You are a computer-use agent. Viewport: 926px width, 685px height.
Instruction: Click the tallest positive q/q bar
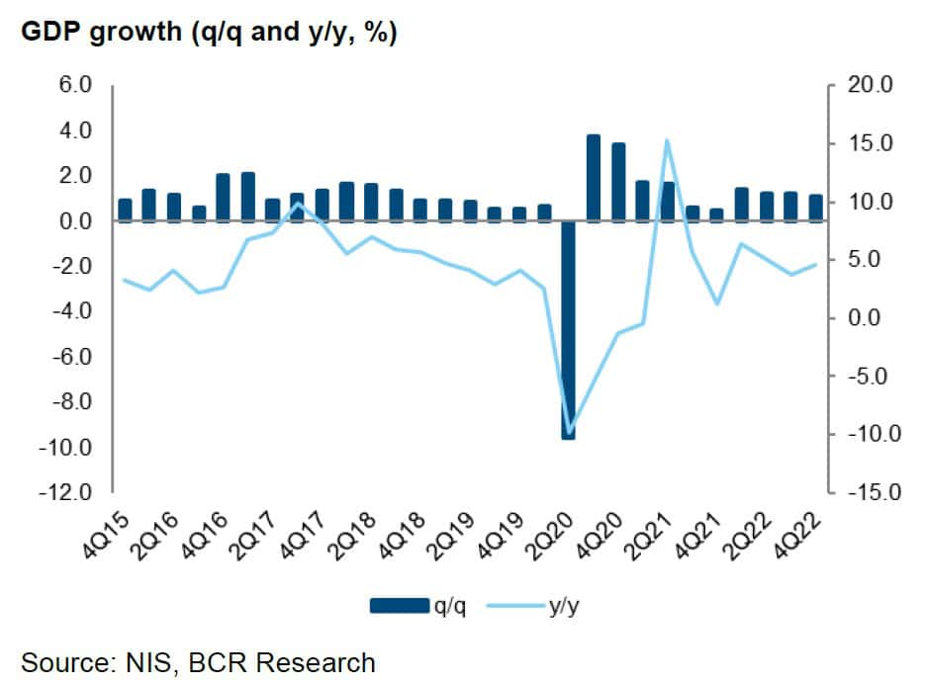pyautogui.click(x=594, y=178)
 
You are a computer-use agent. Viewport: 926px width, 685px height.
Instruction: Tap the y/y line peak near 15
pyautogui.click(x=668, y=140)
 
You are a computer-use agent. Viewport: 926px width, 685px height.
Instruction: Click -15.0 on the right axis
pyautogui.click(x=869, y=492)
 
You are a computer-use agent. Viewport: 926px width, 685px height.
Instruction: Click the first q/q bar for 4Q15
pyautogui.click(x=125, y=210)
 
